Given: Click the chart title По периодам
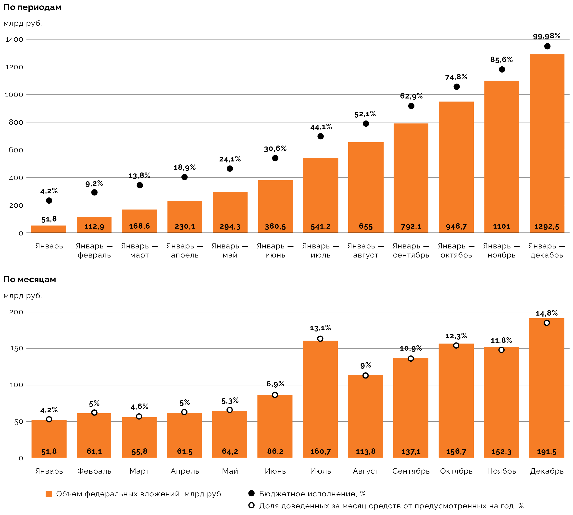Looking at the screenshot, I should [x=32, y=7].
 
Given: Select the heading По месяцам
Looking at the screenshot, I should [x=30, y=280].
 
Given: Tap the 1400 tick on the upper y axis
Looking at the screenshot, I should [x=14, y=39].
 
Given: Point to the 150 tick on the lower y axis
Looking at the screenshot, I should [x=16, y=349].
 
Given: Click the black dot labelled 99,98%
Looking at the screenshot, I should [x=547, y=46].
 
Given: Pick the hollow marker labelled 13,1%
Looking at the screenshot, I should [x=320, y=339].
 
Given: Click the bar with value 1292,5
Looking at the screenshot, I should [x=547, y=141].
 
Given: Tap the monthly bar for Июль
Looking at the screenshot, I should [x=320, y=396].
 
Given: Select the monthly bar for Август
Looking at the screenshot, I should [x=365, y=413].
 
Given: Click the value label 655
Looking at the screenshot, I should [x=366, y=226].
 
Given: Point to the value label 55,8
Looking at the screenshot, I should [x=139, y=451].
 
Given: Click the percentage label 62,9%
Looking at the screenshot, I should [x=411, y=96].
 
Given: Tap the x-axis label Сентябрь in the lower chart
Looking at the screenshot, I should [x=411, y=471].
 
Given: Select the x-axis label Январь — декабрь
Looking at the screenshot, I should [x=547, y=250].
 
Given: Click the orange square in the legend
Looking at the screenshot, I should [x=49, y=494].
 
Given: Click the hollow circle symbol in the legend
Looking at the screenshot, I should [x=251, y=505].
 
